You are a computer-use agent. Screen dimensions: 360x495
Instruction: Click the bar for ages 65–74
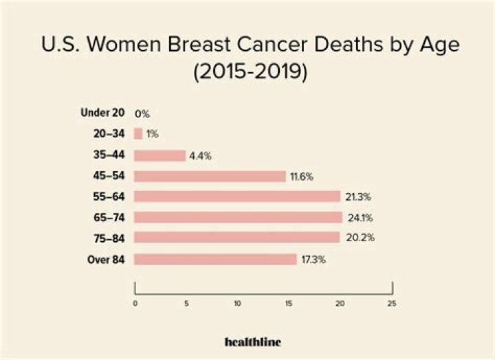pyautogui.click(x=238, y=218)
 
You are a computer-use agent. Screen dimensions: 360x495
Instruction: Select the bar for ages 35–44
pyautogui.click(x=159, y=155)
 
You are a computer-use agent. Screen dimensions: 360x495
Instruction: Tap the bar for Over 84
pyautogui.click(x=215, y=259)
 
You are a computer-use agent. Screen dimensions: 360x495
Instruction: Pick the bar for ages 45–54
pyautogui.click(x=210, y=176)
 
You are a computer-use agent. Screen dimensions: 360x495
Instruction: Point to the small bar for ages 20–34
pyautogui.click(x=138, y=134)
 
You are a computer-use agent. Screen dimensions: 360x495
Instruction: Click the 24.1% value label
pyautogui.click(x=357, y=218)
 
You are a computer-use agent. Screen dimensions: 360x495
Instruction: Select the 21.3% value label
pyautogui.click(x=355, y=197)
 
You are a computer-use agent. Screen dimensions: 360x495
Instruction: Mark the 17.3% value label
pyautogui.click(x=311, y=260)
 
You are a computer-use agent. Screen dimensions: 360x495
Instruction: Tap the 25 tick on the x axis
pyautogui.click(x=392, y=303)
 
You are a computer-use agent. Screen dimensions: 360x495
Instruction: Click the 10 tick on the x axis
pyautogui.click(x=238, y=303)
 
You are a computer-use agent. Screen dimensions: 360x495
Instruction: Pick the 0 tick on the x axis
pyautogui.click(x=135, y=303)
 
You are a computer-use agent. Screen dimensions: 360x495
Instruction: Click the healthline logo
pyautogui.click(x=252, y=341)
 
